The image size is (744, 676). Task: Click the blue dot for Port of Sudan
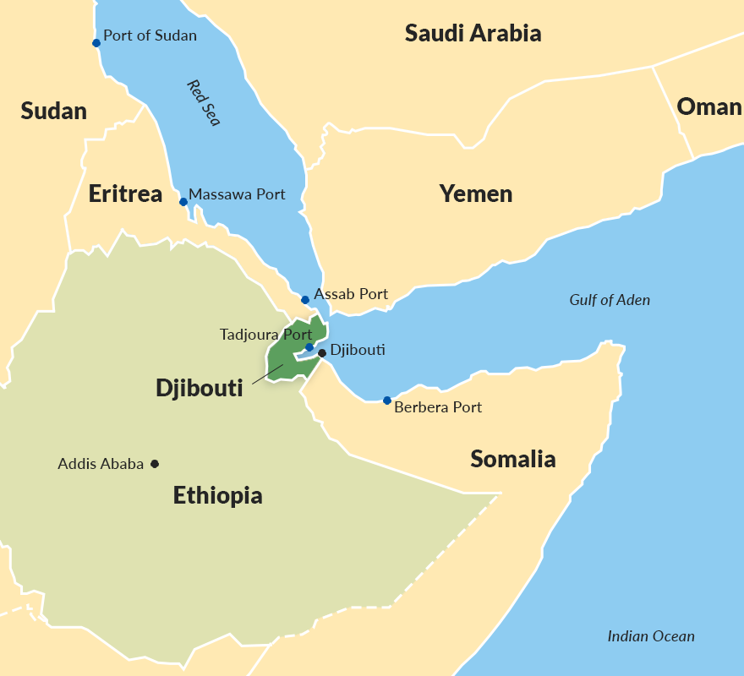[x=96, y=43]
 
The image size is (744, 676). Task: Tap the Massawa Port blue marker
[x=183, y=202]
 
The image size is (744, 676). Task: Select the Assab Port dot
[x=305, y=300]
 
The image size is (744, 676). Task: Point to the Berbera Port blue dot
[x=387, y=401]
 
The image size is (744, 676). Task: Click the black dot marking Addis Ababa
[x=155, y=464]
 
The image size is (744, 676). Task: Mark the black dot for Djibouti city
[x=322, y=353]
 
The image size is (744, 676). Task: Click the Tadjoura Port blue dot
[x=309, y=347]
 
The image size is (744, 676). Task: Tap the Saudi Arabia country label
[x=473, y=34]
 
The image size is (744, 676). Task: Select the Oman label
[x=708, y=107]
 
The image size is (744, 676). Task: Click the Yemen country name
[x=475, y=194]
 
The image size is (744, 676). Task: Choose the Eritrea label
[x=125, y=194]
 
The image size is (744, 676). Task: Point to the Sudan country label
[x=53, y=111]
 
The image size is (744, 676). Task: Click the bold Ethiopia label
[x=217, y=496]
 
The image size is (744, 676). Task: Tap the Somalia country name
[x=512, y=460]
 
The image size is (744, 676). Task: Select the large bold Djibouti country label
[x=199, y=389]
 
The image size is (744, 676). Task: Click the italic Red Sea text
[x=203, y=103]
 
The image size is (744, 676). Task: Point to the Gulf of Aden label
[x=610, y=300]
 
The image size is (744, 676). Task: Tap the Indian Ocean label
[x=651, y=637]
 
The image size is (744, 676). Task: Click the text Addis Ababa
[x=101, y=464]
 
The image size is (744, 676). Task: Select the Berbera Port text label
[x=438, y=407]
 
